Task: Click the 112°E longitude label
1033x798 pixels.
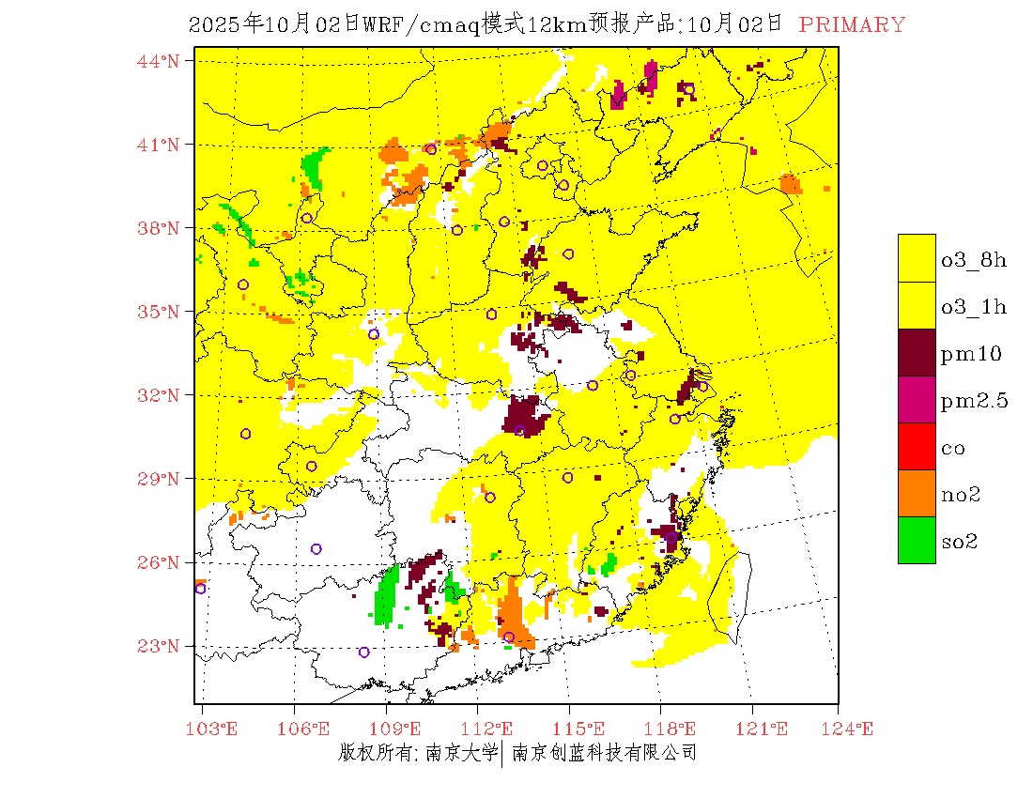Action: point(492,729)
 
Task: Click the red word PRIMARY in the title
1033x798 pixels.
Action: point(852,25)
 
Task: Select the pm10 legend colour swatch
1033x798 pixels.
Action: point(917,352)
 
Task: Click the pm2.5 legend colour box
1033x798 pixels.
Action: point(917,399)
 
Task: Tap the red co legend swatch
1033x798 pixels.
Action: point(917,446)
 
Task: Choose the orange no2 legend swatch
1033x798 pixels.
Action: point(917,493)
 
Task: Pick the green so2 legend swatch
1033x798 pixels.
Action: point(917,540)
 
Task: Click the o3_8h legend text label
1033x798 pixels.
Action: point(974,260)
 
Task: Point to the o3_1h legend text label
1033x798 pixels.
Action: point(974,307)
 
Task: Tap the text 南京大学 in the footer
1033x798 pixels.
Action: point(460,752)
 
